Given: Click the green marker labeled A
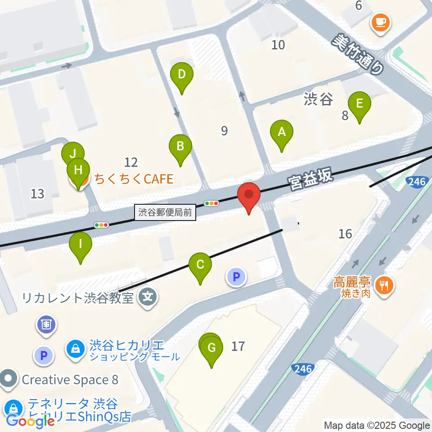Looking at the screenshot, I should point(282,133).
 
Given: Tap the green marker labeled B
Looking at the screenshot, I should point(180,146).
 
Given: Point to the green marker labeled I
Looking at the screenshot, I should point(81,245).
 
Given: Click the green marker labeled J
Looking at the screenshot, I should point(73,153).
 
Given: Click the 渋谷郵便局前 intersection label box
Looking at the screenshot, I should point(165,212).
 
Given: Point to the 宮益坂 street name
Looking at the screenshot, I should point(310,177).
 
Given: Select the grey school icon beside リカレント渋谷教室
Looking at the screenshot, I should point(148,297).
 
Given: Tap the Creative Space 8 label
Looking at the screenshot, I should point(70,380).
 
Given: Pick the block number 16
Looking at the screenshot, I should point(345,234).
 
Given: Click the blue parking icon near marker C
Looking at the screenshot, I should point(236,277).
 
